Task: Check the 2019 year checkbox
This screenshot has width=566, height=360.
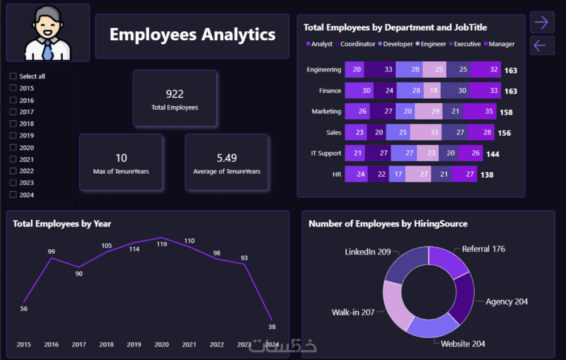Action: coord(13,136)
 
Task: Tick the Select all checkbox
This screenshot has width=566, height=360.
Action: coord(13,76)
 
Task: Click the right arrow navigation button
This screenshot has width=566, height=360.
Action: coord(542,22)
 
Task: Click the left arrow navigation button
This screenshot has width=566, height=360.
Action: coord(542,45)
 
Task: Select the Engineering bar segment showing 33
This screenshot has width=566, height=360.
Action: coord(388,70)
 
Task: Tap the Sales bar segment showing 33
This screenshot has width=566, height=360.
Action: coord(434,132)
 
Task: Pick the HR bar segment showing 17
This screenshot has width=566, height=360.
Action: coord(397,174)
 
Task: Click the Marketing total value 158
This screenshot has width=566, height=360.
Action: coord(505,112)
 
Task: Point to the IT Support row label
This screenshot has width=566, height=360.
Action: coord(325,153)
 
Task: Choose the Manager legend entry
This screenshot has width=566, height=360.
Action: coord(501,44)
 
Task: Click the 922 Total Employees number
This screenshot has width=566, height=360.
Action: coord(175,94)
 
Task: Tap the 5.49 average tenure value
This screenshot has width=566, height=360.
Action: coord(227,158)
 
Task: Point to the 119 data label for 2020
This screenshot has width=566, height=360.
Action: coord(162,244)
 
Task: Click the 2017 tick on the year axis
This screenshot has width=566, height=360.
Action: coord(79,345)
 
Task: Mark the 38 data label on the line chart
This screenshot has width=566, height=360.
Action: coord(272,326)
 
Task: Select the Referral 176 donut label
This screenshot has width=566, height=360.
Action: coord(483,249)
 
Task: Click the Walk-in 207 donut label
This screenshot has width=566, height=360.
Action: coord(353,312)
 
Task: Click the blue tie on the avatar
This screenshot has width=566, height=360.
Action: coord(48,50)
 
